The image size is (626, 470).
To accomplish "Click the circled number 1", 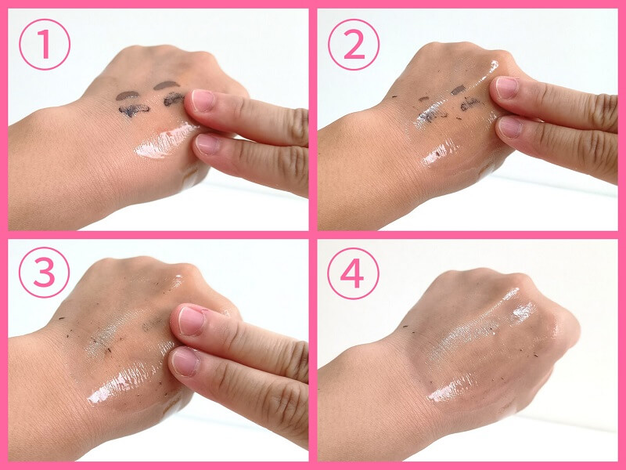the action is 45,45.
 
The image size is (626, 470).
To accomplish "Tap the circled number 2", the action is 354,45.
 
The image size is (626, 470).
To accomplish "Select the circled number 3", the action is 45,272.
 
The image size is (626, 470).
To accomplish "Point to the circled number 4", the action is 354,273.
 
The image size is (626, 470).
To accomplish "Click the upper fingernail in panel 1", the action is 203,100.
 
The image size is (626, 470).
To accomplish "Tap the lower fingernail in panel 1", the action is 207,144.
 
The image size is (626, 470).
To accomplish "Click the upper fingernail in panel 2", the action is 507,87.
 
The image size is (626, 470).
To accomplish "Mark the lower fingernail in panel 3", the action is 185,362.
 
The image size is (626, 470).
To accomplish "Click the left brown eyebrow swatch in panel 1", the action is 127,96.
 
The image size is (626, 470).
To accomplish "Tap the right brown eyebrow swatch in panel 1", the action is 167,85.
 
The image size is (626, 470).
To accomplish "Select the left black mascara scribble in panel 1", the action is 134,110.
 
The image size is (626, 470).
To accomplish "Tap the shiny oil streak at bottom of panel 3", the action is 120,384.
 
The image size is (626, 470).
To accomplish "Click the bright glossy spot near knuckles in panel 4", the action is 523,311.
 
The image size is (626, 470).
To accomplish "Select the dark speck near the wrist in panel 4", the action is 405,327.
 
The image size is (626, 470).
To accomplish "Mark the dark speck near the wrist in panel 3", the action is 62,319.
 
